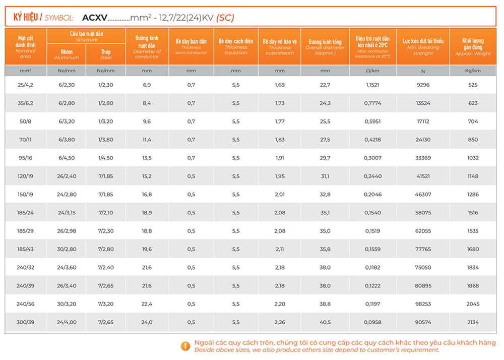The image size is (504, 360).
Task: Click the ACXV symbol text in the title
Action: [95, 18]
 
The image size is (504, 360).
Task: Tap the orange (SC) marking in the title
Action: [225, 18]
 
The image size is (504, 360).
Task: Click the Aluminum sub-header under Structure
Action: [67, 54]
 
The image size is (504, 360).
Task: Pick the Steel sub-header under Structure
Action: [106, 54]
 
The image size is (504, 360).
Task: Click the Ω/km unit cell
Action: [372, 71]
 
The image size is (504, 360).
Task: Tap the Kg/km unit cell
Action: [473, 71]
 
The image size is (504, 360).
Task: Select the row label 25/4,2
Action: [26, 85]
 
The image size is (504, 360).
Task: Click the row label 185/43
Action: [26, 249]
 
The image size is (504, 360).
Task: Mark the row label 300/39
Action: [26, 322]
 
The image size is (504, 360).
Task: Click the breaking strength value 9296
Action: [423, 85]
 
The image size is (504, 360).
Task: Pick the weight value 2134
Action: [473, 322]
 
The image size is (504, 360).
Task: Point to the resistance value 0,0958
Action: [372, 322]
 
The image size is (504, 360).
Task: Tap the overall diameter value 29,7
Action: [325, 158]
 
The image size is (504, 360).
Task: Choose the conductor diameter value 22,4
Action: [147, 304]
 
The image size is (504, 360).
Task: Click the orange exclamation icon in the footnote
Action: [185, 346]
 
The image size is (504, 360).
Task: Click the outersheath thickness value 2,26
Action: [280, 322]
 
